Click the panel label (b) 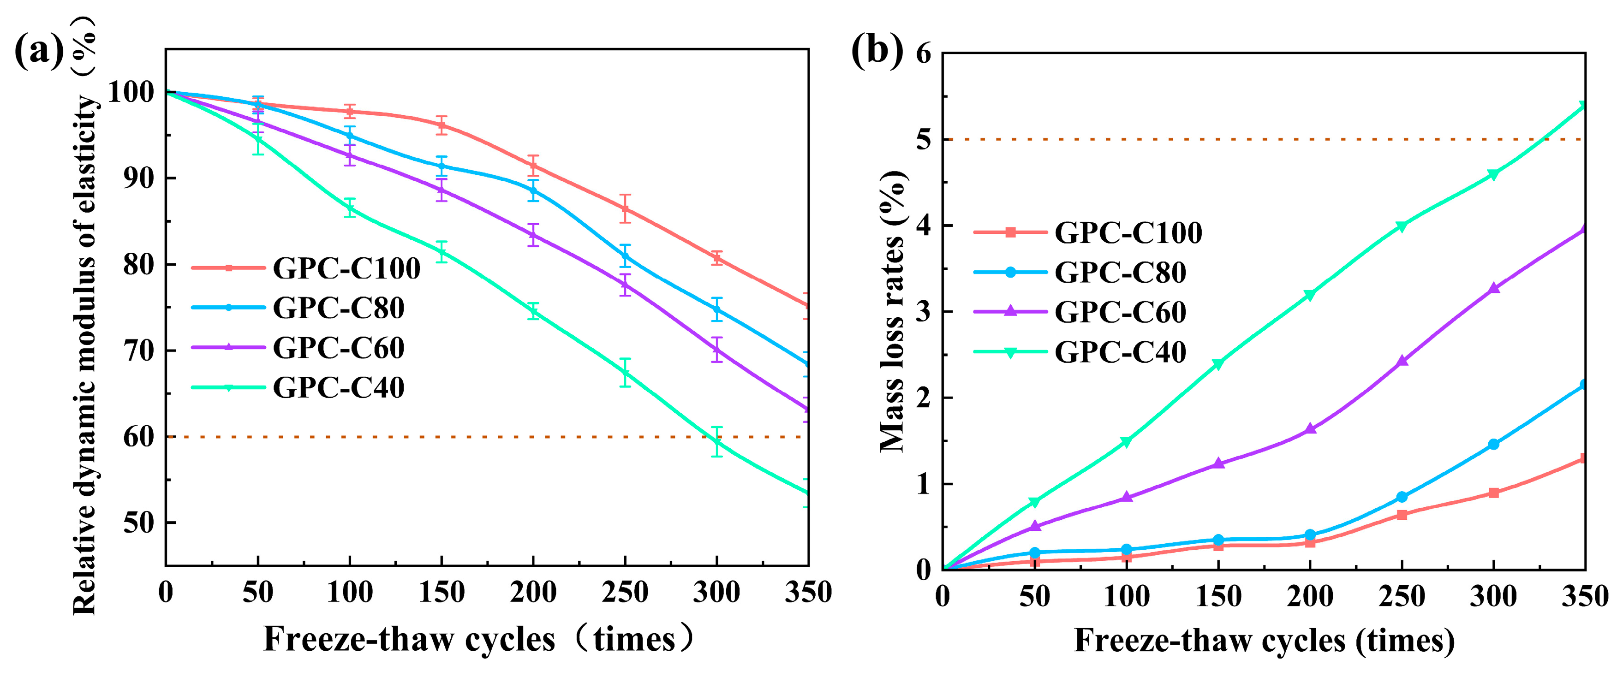(877, 50)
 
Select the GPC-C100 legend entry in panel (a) (346, 268)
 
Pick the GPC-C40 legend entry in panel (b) (1120, 351)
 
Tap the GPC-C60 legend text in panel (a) (338, 348)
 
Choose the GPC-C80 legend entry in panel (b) (1120, 272)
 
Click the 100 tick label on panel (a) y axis (131, 93)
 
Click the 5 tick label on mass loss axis (923, 140)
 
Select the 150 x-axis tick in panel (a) (442, 593)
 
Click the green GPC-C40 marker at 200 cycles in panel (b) (1310, 295)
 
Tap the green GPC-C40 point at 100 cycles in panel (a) (350, 208)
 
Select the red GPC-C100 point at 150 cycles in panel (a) (442, 125)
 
